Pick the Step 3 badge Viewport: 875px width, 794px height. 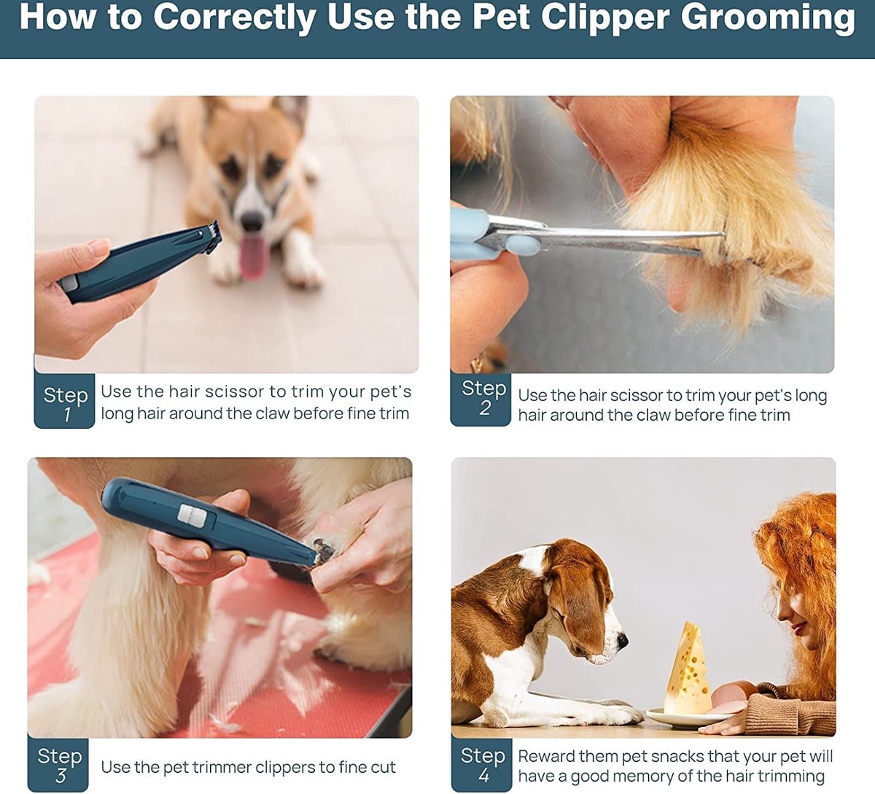click(x=59, y=764)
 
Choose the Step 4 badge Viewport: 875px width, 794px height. click(x=482, y=764)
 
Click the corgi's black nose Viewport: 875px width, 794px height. click(x=252, y=221)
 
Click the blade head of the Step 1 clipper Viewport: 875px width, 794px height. click(x=210, y=237)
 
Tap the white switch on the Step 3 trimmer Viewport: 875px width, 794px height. click(x=192, y=516)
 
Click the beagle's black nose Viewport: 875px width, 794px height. click(x=622, y=640)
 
